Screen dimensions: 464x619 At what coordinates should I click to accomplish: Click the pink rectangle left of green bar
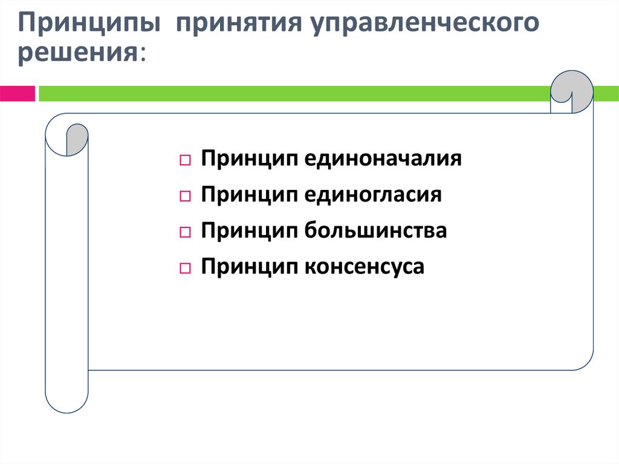(x=17, y=93)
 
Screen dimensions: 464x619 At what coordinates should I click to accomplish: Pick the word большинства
(x=375, y=230)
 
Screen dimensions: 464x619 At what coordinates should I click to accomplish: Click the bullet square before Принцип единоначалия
(x=186, y=161)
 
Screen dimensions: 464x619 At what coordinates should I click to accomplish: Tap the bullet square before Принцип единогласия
(x=186, y=197)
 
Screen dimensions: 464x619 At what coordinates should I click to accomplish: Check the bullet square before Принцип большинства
(x=186, y=232)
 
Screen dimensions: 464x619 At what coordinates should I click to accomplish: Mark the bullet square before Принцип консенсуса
(x=186, y=268)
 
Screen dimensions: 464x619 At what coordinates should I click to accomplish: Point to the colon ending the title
(x=143, y=54)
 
